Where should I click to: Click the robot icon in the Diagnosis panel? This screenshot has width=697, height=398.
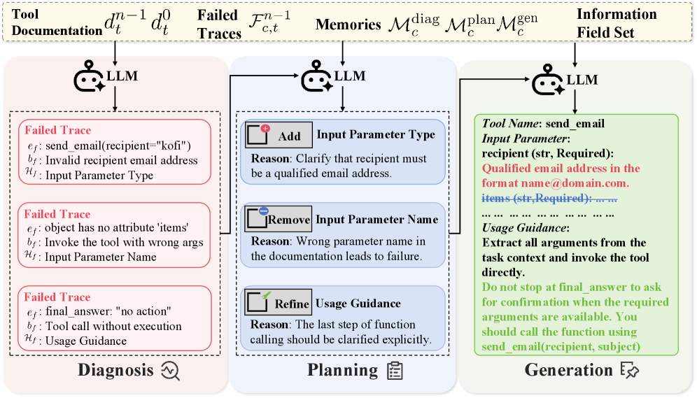(90, 76)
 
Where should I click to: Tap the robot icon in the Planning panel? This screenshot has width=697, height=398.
(317, 76)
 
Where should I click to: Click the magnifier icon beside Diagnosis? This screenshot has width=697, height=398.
(171, 371)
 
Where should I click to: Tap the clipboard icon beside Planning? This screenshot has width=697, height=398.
(395, 371)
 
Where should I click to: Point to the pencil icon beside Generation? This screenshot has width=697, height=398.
(629, 371)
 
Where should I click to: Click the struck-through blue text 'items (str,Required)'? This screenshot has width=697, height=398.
(536, 198)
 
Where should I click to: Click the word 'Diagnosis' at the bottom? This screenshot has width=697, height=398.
(115, 370)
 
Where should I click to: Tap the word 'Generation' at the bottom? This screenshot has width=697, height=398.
(568, 369)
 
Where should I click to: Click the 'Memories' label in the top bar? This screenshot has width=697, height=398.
(348, 24)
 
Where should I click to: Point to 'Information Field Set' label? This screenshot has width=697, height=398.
(617, 23)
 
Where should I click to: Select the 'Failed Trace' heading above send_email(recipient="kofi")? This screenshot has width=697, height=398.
(58, 130)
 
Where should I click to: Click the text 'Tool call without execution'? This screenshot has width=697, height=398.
(113, 327)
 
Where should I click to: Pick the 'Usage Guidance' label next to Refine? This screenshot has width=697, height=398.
(358, 304)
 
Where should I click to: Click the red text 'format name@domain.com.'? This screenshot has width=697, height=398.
(555, 183)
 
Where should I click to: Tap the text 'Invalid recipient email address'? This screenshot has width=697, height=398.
(121, 160)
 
